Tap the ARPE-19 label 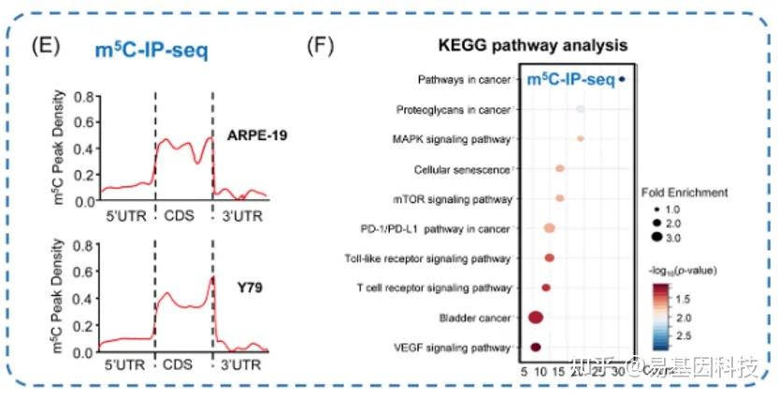pyautogui.click(x=257, y=136)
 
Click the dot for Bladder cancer pyautogui.click(x=536, y=318)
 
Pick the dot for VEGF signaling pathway pyautogui.click(x=536, y=348)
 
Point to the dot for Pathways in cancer pyautogui.click(x=624, y=80)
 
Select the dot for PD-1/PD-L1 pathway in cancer pyautogui.click(x=549, y=228)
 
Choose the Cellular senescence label pyautogui.click(x=461, y=170)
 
